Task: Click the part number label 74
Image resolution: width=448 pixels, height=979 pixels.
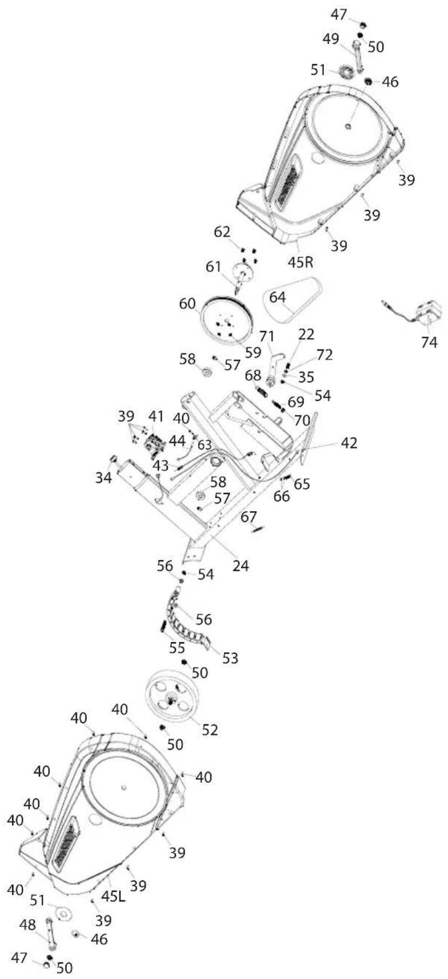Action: (x=429, y=342)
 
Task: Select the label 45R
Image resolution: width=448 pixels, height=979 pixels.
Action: (x=301, y=260)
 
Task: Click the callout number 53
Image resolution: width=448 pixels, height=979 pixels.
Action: (x=230, y=658)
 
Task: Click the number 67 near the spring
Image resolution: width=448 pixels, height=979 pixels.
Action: (x=249, y=517)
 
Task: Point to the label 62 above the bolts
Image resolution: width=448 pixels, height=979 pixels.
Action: (x=223, y=232)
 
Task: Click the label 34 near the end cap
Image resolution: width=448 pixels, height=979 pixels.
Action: (x=103, y=477)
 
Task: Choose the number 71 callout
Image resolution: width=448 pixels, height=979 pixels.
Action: (x=267, y=336)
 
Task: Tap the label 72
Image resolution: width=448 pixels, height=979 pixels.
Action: (x=325, y=355)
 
